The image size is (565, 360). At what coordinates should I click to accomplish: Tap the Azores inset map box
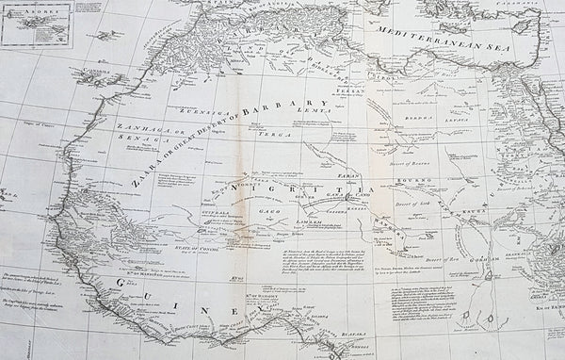click(x=36, y=25)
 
